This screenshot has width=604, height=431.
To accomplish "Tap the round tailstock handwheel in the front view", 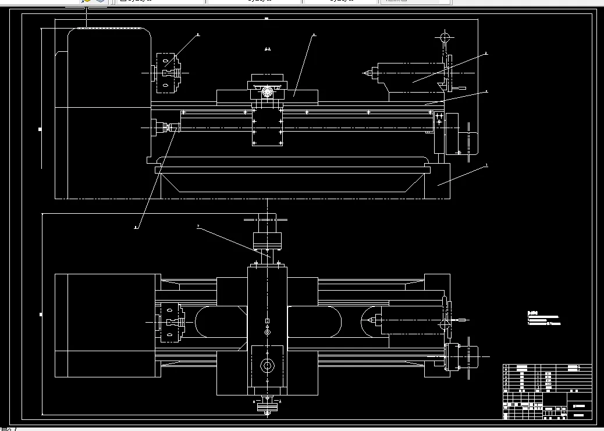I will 445,38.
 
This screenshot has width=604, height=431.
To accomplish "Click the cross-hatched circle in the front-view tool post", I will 268,91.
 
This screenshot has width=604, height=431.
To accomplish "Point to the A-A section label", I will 267,50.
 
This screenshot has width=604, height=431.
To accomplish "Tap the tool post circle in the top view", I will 268,366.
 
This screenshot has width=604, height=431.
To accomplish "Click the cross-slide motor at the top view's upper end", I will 267,239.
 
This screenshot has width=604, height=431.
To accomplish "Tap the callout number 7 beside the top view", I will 198,226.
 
